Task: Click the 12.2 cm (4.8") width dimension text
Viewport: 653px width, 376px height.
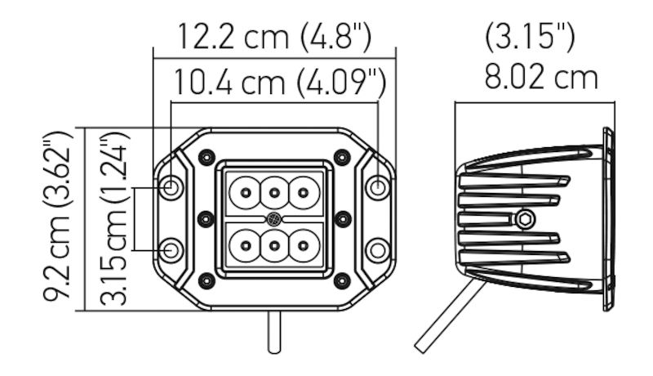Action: [x=274, y=38]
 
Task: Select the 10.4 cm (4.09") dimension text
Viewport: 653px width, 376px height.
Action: [x=278, y=83]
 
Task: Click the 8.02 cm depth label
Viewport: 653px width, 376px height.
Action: [x=541, y=78]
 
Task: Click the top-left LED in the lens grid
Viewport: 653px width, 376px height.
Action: [x=245, y=194]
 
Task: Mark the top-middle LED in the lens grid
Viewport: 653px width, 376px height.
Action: [x=274, y=194]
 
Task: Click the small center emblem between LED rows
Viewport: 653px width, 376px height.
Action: [x=274, y=219]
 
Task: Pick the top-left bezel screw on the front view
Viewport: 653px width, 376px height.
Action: [x=206, y=156]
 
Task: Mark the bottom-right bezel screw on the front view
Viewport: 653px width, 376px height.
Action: [x=343, y=280]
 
